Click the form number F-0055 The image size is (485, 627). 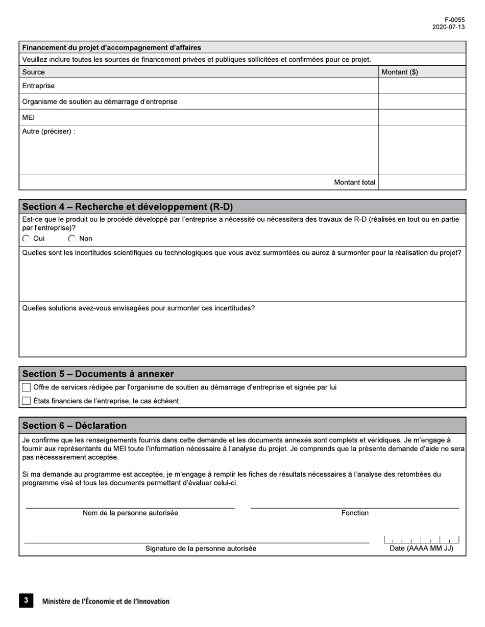[x=454, y=20]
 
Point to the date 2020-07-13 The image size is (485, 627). [x=448, y=27]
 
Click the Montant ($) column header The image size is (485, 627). [x=400, y=72]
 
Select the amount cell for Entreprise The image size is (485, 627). [x=422, y=86]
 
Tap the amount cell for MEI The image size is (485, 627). [x=422, y=117]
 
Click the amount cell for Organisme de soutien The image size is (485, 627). [x=422, y=101]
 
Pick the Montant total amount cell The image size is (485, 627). [x=422, y=182]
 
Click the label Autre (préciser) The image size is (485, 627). [x=48, y=132]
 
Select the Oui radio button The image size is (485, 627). [x=26, y=239]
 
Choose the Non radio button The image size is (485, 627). [x=72, y=239]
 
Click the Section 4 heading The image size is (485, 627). [x=127, y=206]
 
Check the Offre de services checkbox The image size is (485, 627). [x=27, y=387]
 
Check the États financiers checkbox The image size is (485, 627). [x=27, y=401]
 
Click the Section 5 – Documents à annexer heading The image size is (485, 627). [x=98, y=374]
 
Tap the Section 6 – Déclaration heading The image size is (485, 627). [x=75, y=426]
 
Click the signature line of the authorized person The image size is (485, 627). [x=197, y=542]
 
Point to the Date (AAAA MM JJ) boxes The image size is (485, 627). [x=421, y=540]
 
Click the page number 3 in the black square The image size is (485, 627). [x=26, y=600]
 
